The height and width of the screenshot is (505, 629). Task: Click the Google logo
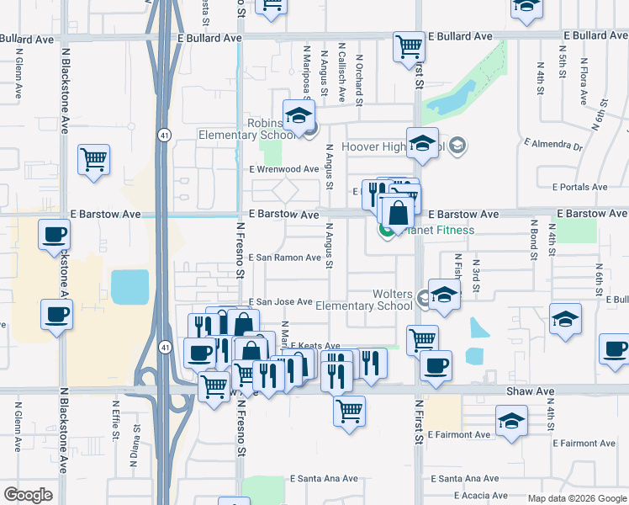[28, 495]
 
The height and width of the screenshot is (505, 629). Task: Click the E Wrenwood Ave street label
[284, 169]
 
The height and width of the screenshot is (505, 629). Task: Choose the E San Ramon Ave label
[284, 257]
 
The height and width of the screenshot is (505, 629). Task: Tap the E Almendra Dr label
[550, 146]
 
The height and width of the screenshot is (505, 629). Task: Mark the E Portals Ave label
[580, 187]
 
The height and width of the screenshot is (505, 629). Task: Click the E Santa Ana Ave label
[324, 478]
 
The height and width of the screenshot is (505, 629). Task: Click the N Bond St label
[532, 238]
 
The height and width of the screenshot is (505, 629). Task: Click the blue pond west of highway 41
[129, 287]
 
